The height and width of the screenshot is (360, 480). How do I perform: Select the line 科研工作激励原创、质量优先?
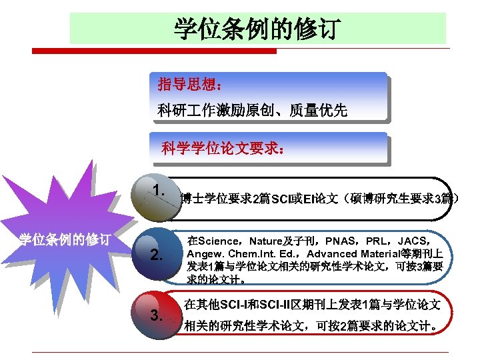click(253, 110)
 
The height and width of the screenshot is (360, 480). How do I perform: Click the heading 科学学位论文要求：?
click(224, 149)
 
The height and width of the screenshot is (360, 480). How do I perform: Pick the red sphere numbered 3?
click(157, 313)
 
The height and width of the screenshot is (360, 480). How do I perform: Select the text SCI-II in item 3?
click(287, 305)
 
